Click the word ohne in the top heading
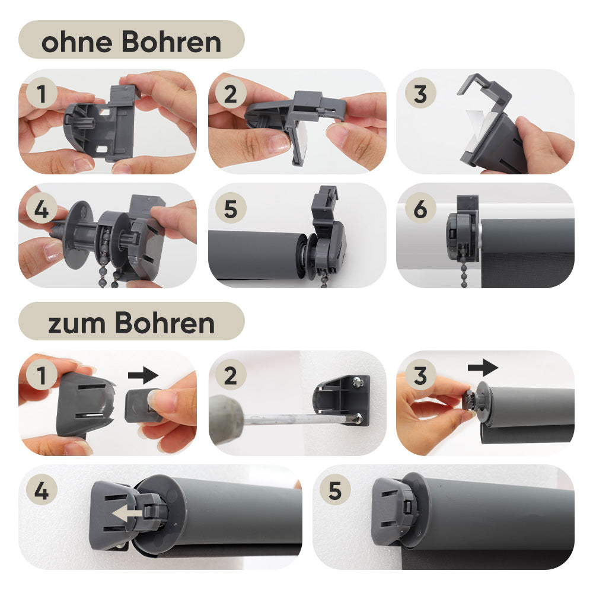(x=76, y=42)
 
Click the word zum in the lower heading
(x=77, y=324)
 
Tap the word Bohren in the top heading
(x=171, y=42)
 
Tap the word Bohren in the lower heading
(x=165, y=323)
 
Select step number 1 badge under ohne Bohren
(x=42, y=94)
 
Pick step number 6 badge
(x=420, y=208)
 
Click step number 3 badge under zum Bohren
(x=420, y=375)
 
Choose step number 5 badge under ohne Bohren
(x=231, y=208)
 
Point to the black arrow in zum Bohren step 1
(x=144, y=375)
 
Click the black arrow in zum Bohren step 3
(x=483, y=368)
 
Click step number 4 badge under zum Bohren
(x=42, y=490)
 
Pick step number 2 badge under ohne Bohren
(x=231, y=94)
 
